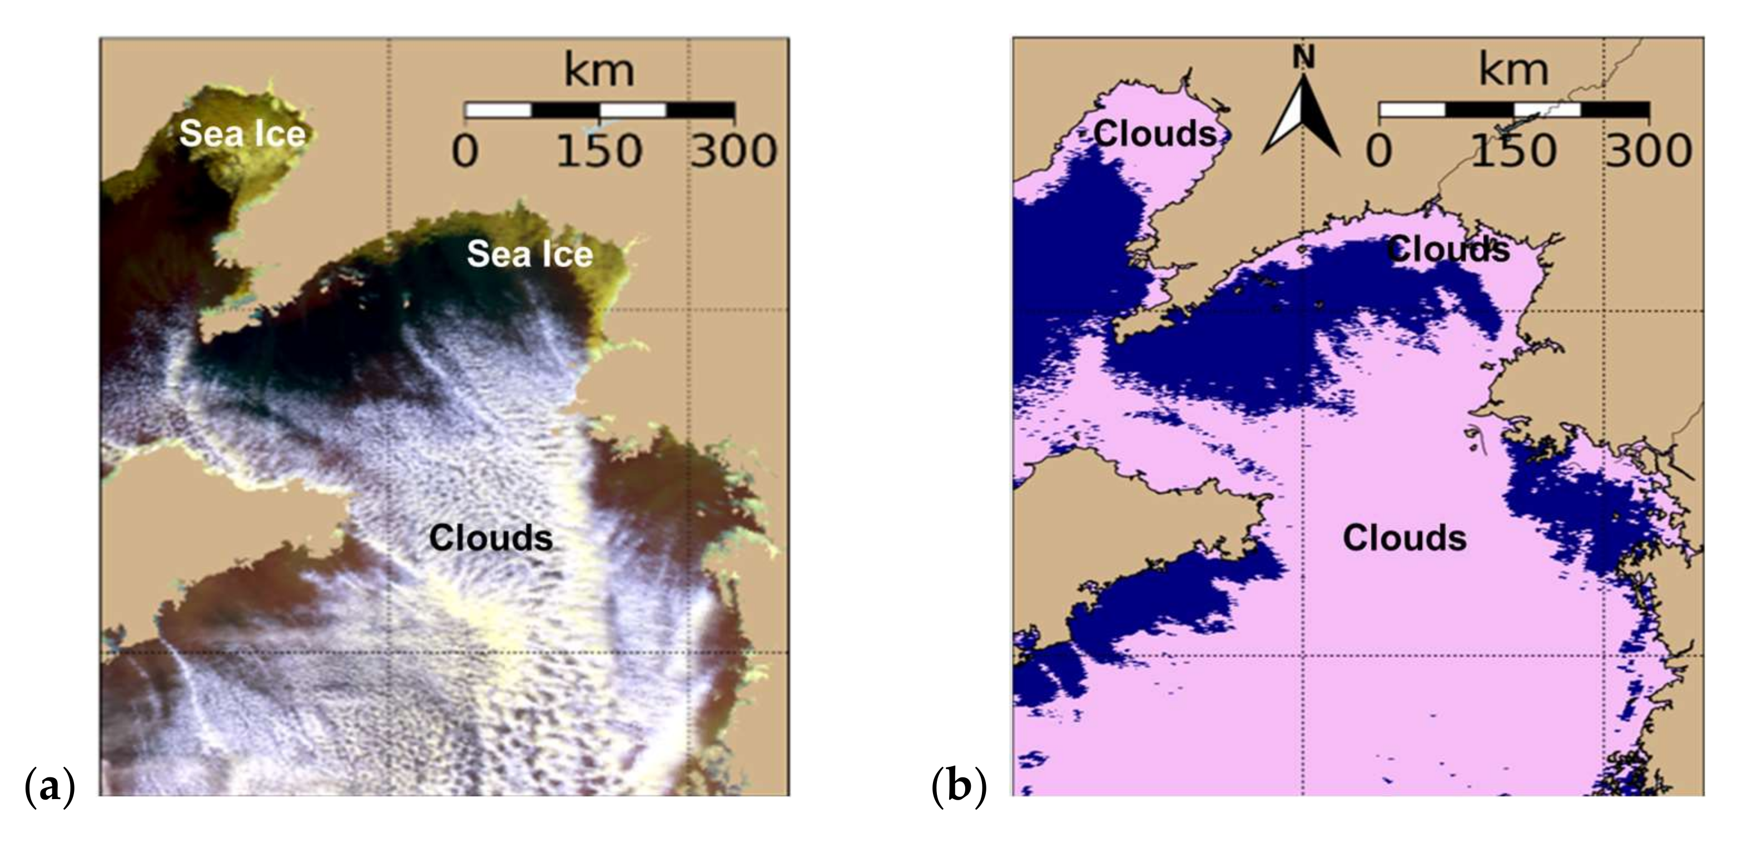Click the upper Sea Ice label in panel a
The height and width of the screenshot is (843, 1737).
(242, 133)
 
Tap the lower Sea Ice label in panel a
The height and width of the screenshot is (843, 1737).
(530, 254)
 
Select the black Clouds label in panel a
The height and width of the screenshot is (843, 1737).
(491, 538)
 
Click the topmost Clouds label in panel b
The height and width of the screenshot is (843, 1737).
(1155, 133)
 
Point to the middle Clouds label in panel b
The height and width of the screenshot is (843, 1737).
(1448, 250)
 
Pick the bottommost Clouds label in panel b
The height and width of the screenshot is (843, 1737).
(1405, 538)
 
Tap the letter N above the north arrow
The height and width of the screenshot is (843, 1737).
(1303, 59)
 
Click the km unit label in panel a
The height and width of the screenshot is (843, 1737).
(599, 70)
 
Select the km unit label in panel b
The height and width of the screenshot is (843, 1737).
(1513, 70)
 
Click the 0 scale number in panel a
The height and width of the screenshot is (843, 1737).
(465, 151)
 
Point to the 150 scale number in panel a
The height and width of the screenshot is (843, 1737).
(599, 151)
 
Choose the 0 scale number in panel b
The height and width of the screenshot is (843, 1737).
(1379, 151)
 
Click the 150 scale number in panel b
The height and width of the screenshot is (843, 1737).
(1513, 151)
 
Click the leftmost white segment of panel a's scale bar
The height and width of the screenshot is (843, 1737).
(499, 110)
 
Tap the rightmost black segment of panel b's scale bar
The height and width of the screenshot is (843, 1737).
(1616, 110)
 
